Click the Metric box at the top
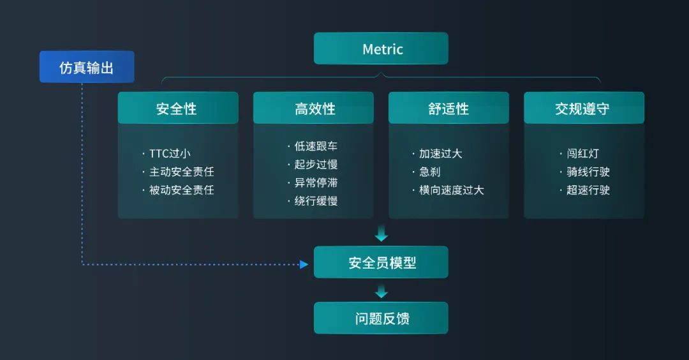point(381,49)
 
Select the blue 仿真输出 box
point(87,67)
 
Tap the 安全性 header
point(177,109)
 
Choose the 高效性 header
point(313,109)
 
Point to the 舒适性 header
point(448,109)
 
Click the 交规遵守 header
point(584,109)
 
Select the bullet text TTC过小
point(170,153)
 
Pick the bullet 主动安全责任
point(181,172)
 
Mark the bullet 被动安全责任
point(181,190)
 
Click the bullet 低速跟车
point(316,146)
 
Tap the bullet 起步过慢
point(316,165)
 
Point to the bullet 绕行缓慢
point(316,201)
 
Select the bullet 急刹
point(429,172)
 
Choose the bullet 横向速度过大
point(451,190)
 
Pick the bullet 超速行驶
point(588,190)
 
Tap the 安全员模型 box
point(381,262)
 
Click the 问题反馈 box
point(381,318)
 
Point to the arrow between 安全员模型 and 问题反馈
point(381,292)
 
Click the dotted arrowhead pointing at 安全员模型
point(304,264)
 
